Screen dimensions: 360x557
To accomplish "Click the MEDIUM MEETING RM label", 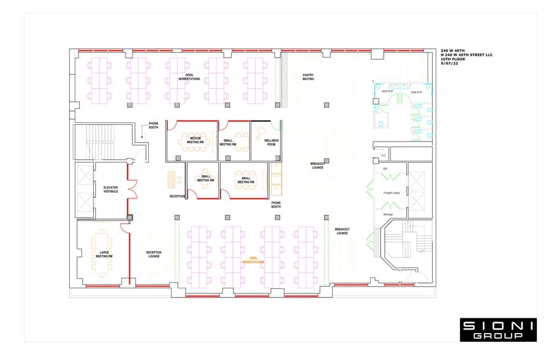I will [x=195, y=140].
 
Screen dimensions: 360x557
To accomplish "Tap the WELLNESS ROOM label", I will [x=271, y=142].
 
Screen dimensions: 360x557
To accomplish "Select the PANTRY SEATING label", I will [x=308, y=77].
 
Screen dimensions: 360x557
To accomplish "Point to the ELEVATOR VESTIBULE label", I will [x=111, y=189].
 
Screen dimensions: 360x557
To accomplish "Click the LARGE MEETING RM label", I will [x=104, y=254].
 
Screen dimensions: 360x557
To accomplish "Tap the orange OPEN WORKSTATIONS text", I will [x=254, y=260].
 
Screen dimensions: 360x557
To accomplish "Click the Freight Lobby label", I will [x=392, y=193].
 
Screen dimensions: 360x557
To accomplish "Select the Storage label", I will [x=388, y=214].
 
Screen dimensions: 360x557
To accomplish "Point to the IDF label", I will [x=385, y=168].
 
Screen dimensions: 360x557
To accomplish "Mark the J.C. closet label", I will [x=382, y=156].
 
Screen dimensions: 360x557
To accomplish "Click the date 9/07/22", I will [x=449, y=64].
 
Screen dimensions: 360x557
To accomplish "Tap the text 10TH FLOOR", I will [x=453, y=59].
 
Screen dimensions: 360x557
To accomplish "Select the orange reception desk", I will [x=172, y=179].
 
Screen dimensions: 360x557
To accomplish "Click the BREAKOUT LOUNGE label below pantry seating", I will [x=317, y=165].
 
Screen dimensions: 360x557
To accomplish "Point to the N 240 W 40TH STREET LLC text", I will [x=466, y=55].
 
